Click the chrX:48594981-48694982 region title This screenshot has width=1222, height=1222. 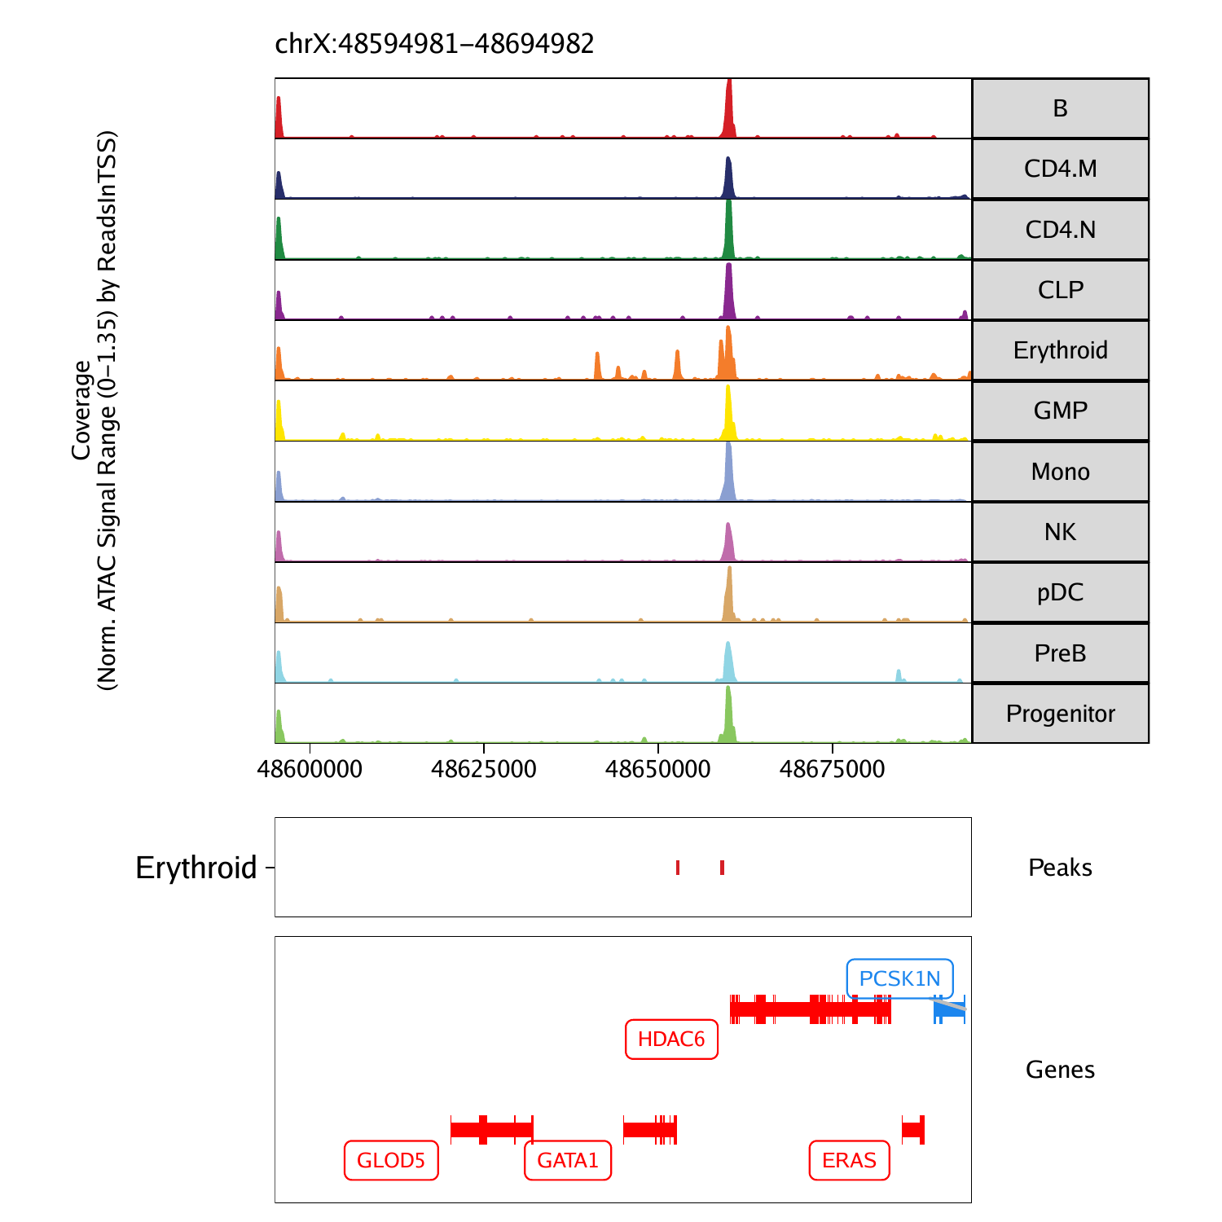434,43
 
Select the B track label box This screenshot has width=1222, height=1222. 1060,108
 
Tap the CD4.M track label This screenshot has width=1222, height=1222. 1060,169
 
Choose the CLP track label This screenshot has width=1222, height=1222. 1060,290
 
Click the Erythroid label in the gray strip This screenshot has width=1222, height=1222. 1060,350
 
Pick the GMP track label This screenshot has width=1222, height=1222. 1060,411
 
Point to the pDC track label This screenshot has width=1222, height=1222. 1060,592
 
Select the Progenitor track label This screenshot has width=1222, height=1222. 1060,714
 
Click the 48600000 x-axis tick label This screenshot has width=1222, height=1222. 310,769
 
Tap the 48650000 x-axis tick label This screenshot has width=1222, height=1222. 658,769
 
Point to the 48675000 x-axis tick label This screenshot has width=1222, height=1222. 832,769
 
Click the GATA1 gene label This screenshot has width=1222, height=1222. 568,1160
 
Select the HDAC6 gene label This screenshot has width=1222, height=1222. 671,1040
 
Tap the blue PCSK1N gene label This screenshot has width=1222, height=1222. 899,978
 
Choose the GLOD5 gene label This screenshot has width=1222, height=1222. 391,1160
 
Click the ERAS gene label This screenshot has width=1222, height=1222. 849,1160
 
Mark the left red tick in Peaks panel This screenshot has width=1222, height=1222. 678,868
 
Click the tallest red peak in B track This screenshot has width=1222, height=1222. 729,106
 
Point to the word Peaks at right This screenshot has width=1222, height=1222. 1060,868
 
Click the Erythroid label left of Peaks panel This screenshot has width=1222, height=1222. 196,868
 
